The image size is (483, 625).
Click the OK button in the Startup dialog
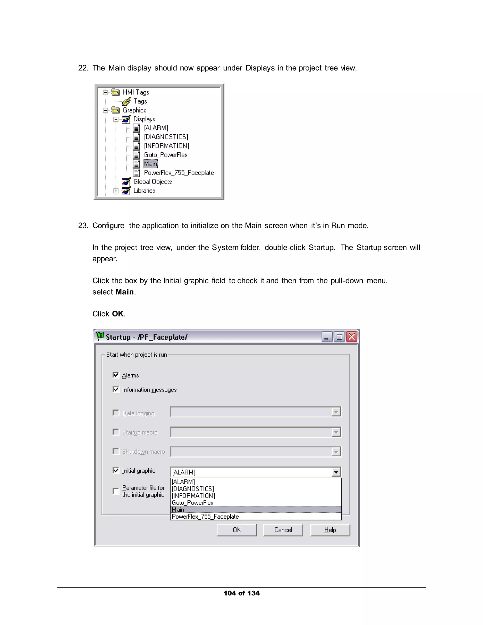(x=237, y=530)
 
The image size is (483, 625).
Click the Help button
(x=330, y=530)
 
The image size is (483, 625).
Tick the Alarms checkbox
(x=116, y=375)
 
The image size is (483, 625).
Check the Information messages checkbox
(x=116, y=389)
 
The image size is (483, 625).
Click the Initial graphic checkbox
(x=116, y=471)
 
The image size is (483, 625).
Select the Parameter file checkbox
(x=116, y=491)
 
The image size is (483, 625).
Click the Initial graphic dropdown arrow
(x=336, y=472)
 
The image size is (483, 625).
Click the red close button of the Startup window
(x=352, y=337)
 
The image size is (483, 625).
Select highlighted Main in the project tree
(x=150, y=164)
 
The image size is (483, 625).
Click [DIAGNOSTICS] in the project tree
(x=166, y=137)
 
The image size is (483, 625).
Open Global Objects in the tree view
(x=153, y=182)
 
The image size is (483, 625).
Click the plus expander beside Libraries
(x=116, y=191)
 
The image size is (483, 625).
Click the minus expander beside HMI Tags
(x=105, y=92)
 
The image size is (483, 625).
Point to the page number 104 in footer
(x=229, y=593)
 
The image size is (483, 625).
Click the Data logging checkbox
(x=116, y=413)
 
